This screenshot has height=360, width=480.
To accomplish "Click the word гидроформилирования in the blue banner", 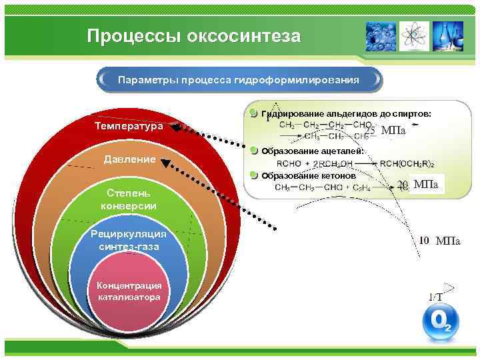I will point(297,80).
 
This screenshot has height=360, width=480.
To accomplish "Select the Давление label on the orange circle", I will point(129,159).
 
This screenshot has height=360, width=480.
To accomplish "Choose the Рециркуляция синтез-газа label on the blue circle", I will point(129,241).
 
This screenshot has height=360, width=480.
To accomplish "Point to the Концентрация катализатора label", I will point(129,291).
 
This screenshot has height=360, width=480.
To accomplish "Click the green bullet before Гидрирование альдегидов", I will point(253,113).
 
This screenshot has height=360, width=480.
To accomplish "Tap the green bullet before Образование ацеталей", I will point(253,151).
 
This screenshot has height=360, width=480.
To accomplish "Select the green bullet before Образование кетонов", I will point(253,175).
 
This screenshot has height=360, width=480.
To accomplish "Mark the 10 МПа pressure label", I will point(439,241).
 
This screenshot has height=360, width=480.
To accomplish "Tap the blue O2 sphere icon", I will point(441,323).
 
